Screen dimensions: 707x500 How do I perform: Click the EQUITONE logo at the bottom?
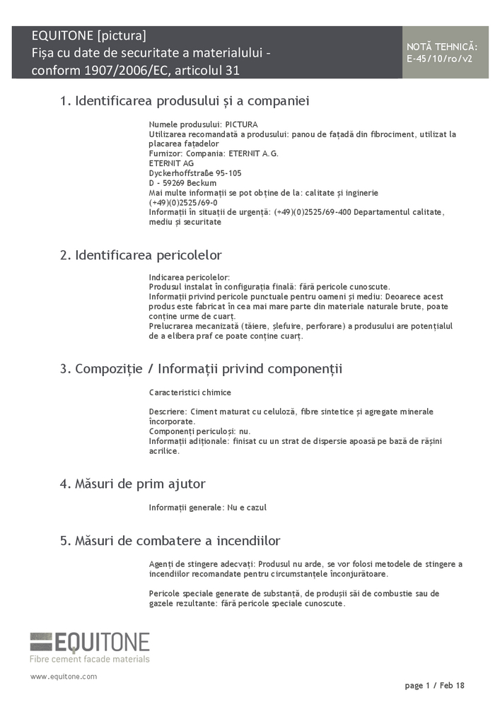(x=90, y=642)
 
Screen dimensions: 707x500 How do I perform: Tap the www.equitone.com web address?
(x=64, y=677)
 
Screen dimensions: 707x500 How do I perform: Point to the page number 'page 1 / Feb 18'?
(x=434, y=685)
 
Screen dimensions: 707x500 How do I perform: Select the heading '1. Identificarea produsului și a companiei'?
(x=185, y=101)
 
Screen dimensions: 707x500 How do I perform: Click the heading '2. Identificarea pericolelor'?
(x=141, y=255)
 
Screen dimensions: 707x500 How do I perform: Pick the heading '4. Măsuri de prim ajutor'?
(x=132, y=484)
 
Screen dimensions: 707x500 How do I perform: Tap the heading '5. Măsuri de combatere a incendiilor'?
(x=170, y=541)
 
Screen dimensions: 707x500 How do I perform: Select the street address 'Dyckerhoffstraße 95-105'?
(x=195, y=173)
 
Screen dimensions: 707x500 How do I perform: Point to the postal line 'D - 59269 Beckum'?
(x=182, y=182)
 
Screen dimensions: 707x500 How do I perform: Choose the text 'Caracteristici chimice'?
(x=190, y=392)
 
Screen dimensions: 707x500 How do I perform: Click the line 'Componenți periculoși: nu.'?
(x=199, y=431)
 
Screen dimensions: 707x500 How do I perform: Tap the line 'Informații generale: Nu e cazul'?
(x=208, y=508)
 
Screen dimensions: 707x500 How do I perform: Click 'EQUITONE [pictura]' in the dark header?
(x=89, y=35)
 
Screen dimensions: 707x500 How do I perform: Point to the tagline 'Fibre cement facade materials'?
(x=89, y=659)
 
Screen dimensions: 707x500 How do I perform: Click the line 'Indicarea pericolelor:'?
(x=190, y=277)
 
